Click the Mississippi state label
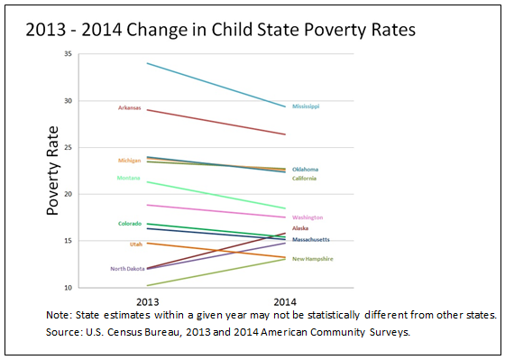coord(306,106)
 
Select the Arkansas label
coord(130,108)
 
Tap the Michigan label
coord(130,161)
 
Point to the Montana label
coord(128,178)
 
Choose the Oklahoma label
coord(305,170)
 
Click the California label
coord(305,179)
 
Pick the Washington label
coord(308,217)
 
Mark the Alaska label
coord(300,228)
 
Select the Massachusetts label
coord(311,239)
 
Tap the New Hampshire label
coord(312,259)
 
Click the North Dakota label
coord(127,269)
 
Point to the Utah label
coord(136,245)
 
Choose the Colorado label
coord(130,224)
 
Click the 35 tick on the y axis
coord(68,54)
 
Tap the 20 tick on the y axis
coord(68,194)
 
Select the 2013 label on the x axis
coord(148,302)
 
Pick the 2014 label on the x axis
coord(285,302)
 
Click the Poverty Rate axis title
coord(52,171)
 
